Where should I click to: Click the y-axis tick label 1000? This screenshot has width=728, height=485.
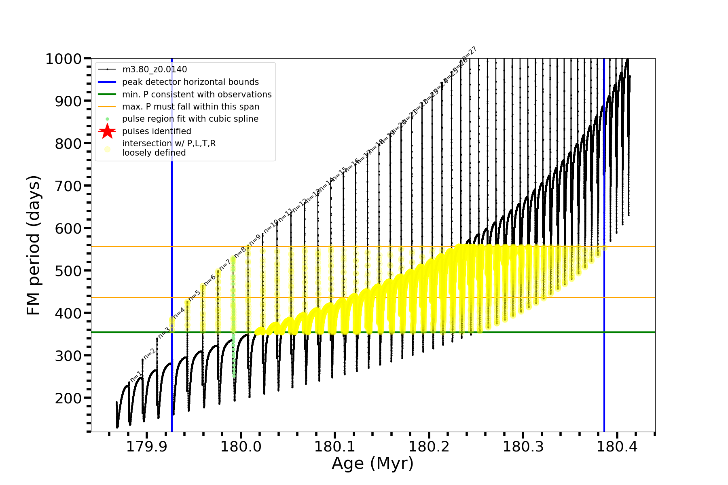click(x=63, y=59)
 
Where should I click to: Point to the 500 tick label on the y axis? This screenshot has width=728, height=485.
click(x=68, y=271)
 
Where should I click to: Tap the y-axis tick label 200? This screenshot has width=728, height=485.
click(x=68, y=398)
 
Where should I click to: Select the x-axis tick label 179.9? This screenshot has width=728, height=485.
click(x=146, y=447)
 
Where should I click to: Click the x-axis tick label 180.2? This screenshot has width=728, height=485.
click(x=429, y=447)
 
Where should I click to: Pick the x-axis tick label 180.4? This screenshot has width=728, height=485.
click(x=617, y=447)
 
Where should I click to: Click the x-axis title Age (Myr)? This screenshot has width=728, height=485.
click(x=372, y=464)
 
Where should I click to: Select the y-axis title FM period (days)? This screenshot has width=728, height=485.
click(x=34, y=245)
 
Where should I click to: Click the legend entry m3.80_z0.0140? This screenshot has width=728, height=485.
click(x=154, y=70)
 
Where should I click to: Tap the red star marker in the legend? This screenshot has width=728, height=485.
click(x=107, y=131)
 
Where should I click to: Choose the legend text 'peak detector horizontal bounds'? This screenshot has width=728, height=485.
click(x=190, y=82)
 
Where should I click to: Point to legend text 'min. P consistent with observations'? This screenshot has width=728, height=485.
click(x=197, y=95)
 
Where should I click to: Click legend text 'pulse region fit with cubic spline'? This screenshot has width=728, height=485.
click(x=190, y=119)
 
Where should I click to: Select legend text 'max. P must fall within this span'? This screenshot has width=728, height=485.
click(x=190, y=107)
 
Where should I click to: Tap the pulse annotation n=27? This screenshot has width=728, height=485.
click(x=470, y=54)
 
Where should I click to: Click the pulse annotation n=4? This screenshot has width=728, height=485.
click(x=179, y=312)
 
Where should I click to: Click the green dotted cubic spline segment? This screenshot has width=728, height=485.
click(x=233, y=344)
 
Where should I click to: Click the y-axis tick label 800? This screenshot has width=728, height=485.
click(x=68, y=143)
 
